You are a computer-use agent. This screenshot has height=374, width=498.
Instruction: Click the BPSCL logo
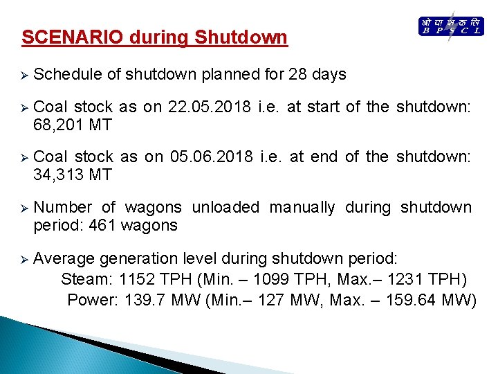point(451,27)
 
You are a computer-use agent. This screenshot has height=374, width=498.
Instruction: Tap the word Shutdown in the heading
point(241,37)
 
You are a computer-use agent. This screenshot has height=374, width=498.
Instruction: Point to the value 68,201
point(58,124)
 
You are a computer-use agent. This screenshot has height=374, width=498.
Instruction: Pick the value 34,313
point(58,175)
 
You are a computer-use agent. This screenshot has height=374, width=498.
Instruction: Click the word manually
point(302,207)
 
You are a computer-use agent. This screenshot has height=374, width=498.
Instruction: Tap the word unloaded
point(225,207)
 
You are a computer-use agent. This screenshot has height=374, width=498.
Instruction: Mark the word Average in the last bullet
point(64,258)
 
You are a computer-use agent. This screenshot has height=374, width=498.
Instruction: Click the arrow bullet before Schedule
point(24,75)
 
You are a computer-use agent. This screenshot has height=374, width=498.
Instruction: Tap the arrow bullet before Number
point(24,208)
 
